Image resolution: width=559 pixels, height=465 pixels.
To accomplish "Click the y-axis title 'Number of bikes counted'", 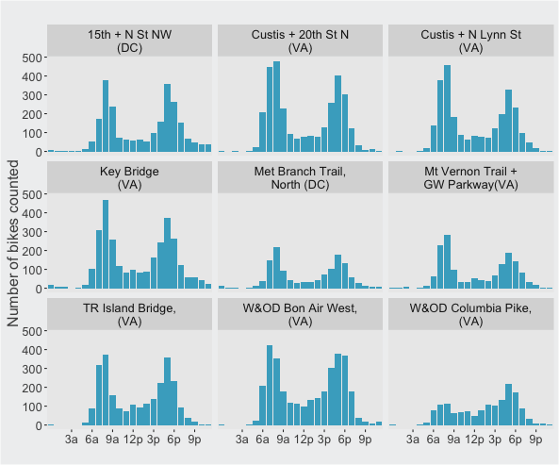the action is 13,243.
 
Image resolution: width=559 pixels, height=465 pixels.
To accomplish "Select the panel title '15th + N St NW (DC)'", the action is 130,41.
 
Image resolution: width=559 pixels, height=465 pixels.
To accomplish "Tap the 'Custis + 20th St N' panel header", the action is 300,41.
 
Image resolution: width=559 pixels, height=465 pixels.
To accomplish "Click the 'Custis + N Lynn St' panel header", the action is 471,41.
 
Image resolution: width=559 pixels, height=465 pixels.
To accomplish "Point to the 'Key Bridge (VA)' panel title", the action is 130,178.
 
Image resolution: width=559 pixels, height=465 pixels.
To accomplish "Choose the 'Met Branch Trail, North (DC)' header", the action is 300,178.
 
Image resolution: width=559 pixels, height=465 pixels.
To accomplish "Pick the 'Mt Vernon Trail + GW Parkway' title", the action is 471,178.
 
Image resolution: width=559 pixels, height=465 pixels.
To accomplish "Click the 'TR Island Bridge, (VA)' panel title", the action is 130,314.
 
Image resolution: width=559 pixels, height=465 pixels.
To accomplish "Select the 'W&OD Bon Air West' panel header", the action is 300,314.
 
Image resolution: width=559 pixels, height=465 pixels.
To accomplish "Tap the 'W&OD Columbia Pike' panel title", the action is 471,314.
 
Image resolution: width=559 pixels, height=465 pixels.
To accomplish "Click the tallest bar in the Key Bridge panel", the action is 106,244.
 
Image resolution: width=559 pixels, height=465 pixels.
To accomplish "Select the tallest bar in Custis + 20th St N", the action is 276,107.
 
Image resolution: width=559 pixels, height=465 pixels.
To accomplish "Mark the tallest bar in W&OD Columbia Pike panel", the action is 509,405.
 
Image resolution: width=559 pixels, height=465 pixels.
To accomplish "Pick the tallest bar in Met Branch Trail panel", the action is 276,268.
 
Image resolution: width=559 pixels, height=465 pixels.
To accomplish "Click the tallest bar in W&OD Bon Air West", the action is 270,385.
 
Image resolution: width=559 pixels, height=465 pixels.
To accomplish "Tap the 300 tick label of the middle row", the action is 32,232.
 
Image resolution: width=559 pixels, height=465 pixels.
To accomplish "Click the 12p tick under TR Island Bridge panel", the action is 133,440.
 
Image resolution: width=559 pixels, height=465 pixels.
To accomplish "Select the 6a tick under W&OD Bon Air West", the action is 262,440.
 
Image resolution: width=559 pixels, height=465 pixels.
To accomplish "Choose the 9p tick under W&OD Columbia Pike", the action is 535,440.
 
